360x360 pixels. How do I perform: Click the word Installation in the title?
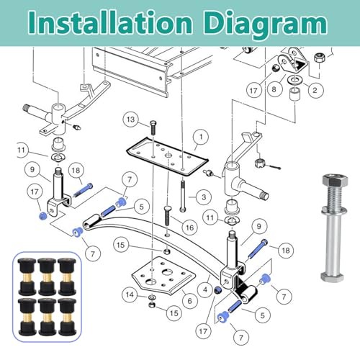[111, 22]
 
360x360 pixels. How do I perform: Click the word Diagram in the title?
[266, 24]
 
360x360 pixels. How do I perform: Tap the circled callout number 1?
[201, 138]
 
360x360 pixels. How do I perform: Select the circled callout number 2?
[315, 90]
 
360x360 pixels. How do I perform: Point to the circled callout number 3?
[204, 197]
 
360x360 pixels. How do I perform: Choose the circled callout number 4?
[205, 289]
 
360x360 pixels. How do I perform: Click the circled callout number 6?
[189, 301]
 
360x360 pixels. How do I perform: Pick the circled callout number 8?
[274, 89]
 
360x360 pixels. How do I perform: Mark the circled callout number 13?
[130, 120]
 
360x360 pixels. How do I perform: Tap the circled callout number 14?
[130, 294]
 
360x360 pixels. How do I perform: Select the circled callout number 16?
[189, 227]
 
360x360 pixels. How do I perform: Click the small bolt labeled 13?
[153, 128]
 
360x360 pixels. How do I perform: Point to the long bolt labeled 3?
[183, 196]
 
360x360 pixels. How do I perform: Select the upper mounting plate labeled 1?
[167, 156]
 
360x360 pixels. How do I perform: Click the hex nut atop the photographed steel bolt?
[335, 181]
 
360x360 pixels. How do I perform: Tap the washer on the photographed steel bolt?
[334, 210]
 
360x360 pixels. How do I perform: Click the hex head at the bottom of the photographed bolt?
[333, 276]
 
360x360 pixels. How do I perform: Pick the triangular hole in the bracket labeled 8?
[300, 64]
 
